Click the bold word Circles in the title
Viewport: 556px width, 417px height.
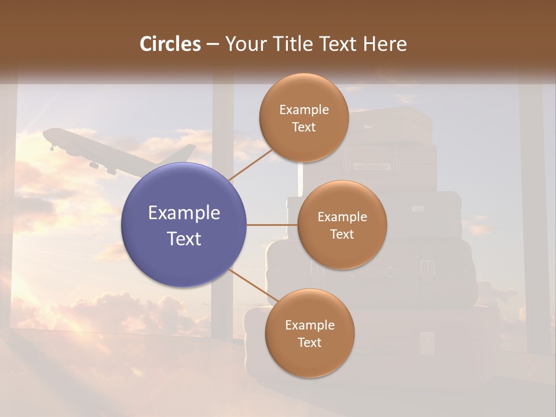170,43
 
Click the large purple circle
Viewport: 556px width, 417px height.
184,225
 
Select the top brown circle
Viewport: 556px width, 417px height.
303,118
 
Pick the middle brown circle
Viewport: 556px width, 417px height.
342,225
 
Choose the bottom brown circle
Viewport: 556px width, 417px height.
309,333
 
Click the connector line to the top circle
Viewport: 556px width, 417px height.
251,164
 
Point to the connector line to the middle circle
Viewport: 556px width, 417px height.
272,225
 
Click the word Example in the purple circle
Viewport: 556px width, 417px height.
184,213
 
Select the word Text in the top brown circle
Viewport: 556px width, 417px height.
303,127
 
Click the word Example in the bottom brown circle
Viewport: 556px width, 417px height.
309,325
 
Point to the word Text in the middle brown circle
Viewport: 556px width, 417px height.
342,235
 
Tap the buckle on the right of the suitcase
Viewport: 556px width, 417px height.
427,268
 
